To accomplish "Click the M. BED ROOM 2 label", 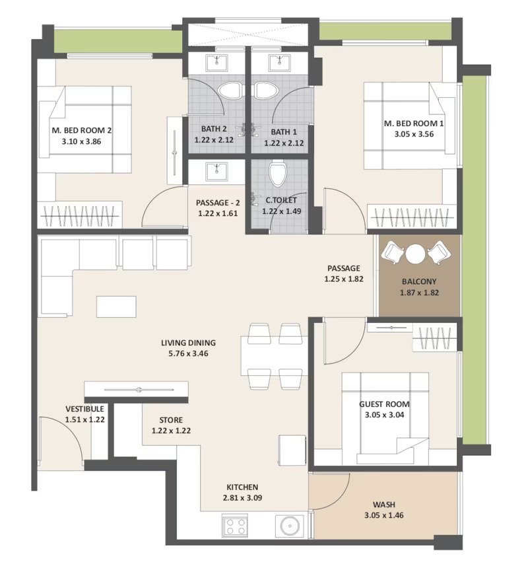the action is pos(82,130).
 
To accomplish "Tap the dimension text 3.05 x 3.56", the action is pos(414,134).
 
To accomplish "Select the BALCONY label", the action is pos(419,281).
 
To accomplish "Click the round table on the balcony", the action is pos(415,254).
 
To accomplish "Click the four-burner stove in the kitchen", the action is pos(235,526).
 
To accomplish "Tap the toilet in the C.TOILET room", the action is pos(278,174).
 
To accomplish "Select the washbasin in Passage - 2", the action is pos(216,171).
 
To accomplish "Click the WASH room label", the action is pos(383,505).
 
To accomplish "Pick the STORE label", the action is pos(171,420).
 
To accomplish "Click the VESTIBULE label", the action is pos(84,409).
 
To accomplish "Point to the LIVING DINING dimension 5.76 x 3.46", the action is pos(188,353).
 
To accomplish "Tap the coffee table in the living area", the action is pos(116,306).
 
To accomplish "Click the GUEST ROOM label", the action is pos(384,404).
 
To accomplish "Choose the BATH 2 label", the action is pos(214,129).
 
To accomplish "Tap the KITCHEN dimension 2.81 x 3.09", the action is pos(242,498).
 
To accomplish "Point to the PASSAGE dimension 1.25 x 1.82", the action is pos(344,279).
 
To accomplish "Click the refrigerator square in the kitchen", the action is pos(292,450).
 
